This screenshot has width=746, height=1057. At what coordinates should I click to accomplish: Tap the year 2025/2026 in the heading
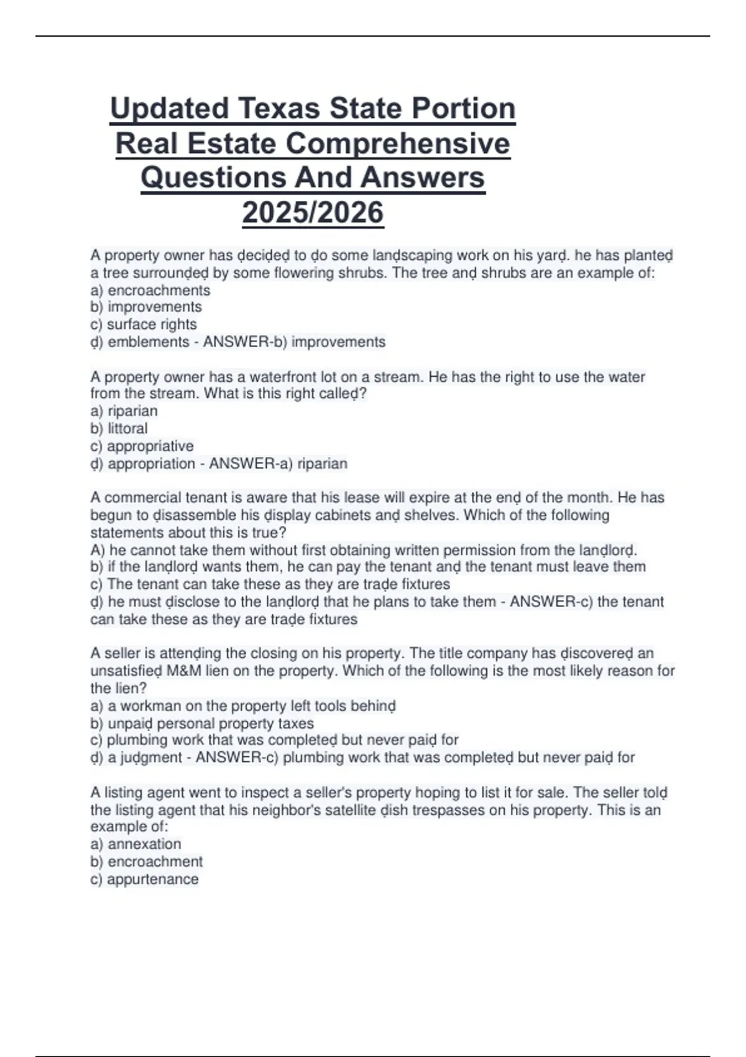pyautogui.click(x=313, y=213)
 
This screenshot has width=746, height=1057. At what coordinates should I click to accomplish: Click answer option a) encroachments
pyautogui.click(x=150, y=290)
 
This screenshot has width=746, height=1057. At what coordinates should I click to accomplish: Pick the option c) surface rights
pyautogui.click(x=144, y=325)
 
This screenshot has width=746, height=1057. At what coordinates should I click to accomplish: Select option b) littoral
pyautogui.click(x=119, y=428)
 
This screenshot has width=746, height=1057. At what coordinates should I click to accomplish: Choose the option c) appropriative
pyautogui.click(x=142, y=446)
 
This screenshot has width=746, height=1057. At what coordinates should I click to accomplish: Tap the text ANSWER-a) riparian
pyautogui.click(x=278, y=463)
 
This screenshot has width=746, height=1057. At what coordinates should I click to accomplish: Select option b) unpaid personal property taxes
pyautogui.click(x=202, y=724)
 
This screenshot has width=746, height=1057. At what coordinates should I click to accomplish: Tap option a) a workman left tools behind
pyautogui.click(x=243, y=706)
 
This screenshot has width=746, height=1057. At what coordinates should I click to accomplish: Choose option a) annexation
pyautogui.click(x=136, y=844)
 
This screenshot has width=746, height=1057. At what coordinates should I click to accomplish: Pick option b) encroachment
pyautogui.click(x=147, y=862)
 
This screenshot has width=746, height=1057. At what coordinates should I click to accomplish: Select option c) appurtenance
pyautogui.click(x=145, y=879)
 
